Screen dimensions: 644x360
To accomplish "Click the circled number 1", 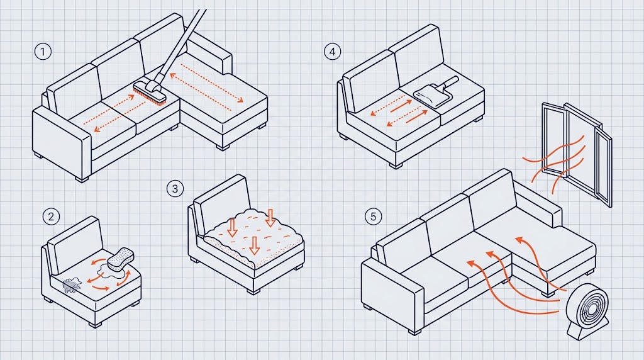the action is pyautogui.click(x=43, y=52).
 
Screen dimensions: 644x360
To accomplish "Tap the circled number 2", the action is pyautogui.click(x=51, y=217).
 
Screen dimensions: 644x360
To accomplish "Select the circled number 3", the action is pyautogui.click(x=175, y=189).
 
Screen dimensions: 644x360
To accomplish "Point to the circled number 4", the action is pyautogui.click(x=332, y=52).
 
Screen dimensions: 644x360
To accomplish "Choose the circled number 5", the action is pyautogui.click(x=373, y=217).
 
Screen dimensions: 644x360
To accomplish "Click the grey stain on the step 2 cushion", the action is pyautogui.click(x=72, y=285).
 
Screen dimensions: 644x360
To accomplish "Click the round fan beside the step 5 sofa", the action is pyautogui.click(x=587, y=306).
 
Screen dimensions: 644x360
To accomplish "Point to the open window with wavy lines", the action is pyautogui.click(x=577, y=154).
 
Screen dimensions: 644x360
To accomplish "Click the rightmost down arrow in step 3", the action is pyautogui.click(x=270, y=218).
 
